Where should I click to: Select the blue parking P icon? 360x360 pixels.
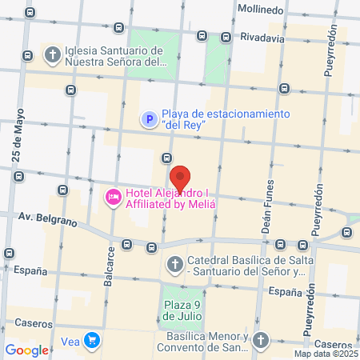(x=149, y=119)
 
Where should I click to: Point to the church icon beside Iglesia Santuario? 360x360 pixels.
(x=54, y=55)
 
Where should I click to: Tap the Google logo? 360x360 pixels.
(x=27, y=350)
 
